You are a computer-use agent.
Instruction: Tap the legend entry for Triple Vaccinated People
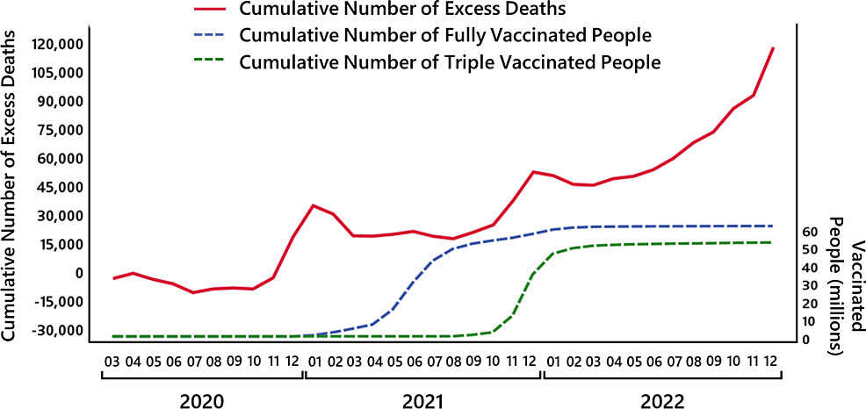click(449, 62)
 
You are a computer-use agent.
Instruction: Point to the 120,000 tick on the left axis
click(58, 44)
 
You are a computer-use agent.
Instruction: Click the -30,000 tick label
click(58, 331)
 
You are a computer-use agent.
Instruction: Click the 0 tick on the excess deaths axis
click(80, 273)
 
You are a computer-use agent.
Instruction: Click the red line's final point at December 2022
click(772, 48)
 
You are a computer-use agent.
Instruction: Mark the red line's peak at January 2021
click(314, 205)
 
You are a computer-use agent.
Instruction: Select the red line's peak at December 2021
click(533, 172)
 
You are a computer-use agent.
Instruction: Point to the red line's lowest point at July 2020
click(193, 292)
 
